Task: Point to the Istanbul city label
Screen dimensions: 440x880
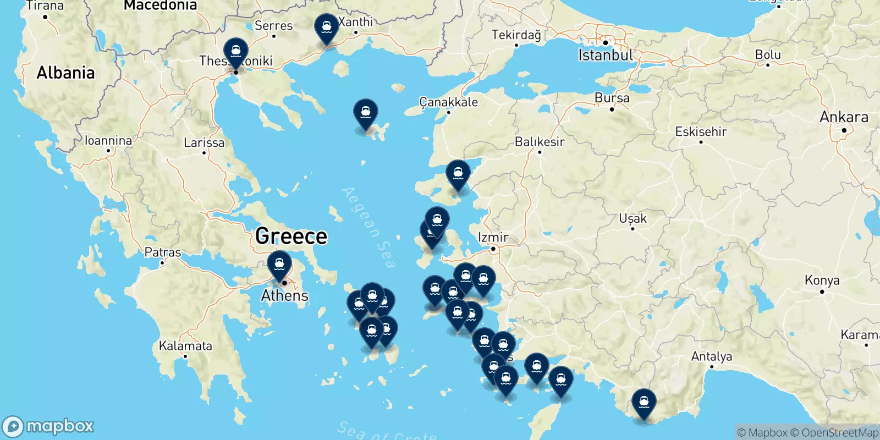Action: (x=605, y=55)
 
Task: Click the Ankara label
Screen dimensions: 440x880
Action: (x=844, y=117)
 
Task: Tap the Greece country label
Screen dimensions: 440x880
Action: (x=291, y=237)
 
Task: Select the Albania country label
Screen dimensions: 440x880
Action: (x=65, y=73)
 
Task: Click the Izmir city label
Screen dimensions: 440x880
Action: (x=493, y=238)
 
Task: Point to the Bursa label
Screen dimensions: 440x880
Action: (x=612, y=98)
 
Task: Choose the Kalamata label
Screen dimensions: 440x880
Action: (x=185, y=346)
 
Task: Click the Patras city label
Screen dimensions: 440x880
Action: (x=162, y=252)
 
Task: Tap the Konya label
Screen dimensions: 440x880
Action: (x=822, y=280)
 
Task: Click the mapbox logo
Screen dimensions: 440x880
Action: (x=48, y=426)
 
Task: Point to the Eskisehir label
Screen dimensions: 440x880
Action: (x=701, y=131)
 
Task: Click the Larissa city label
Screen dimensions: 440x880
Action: (x=204, y=143)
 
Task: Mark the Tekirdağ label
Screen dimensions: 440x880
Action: (x=516, y=35)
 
